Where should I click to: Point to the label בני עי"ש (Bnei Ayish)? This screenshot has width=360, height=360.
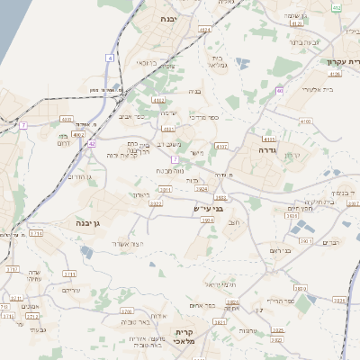[208, 209]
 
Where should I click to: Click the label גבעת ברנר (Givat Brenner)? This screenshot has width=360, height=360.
[302, 41]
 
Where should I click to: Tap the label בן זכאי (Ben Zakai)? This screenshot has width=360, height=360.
[147, 63]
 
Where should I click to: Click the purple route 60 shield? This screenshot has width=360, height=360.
[281, 90]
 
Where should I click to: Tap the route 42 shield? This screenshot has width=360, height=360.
[92, 143]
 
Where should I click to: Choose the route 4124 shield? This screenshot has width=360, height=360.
[205, 30]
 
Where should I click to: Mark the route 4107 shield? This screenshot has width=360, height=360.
[221, 145]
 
